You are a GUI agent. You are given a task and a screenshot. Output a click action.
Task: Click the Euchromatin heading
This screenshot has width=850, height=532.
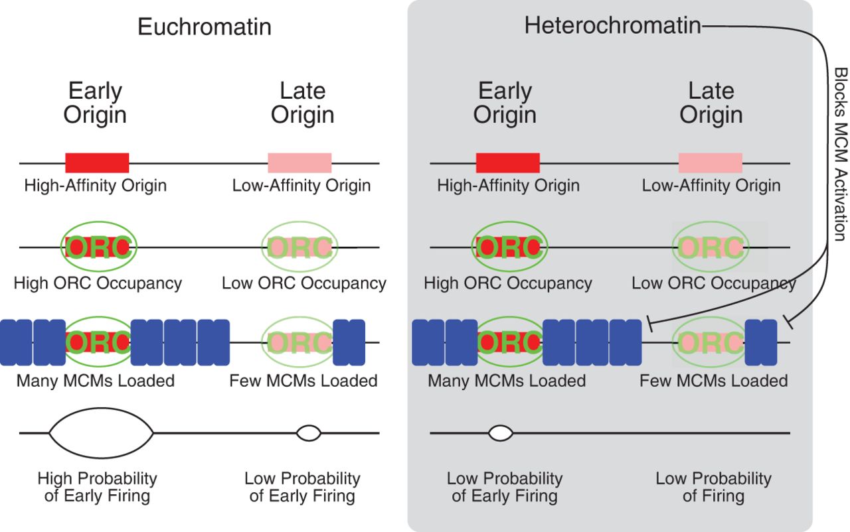click(x=204, y=27)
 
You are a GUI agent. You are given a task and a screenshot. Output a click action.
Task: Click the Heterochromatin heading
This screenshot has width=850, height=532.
click(x=612, y=26)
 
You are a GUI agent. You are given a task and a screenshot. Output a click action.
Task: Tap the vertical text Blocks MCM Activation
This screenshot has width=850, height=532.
click(x=839, y=154)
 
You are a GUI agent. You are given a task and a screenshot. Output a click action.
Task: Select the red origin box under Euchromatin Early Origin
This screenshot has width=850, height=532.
click(x=97, y=163)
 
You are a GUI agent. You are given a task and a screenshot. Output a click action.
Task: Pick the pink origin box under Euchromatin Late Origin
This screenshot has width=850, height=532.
click(x=299, y=163)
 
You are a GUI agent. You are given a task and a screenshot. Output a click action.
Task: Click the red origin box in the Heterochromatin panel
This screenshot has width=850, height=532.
click(x=508, y=163)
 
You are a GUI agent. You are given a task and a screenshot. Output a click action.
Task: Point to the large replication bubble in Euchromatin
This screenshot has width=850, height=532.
click(x=101, y=433)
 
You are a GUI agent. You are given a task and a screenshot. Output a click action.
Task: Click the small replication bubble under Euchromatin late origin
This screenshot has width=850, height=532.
click(x=308, y=433)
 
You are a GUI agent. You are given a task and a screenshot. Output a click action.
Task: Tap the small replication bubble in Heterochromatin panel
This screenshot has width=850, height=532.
click(x=501, y=433)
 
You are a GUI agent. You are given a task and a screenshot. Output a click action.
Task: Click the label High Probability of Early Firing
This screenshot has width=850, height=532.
click(x=97, y=487)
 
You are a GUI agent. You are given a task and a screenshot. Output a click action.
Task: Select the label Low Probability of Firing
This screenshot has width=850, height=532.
click(x=713, y=487)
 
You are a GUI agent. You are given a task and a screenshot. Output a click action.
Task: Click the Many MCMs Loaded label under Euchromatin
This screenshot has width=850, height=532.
click(x=96, y=381)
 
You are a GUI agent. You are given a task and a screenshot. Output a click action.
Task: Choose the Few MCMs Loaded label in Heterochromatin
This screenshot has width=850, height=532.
click(x=713, y=381)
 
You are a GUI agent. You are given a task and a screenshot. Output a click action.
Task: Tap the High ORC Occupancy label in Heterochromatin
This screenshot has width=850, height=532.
click(x=508, y=283)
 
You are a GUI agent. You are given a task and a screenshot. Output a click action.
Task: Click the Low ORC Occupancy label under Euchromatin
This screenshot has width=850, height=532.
click(x=304, y=283)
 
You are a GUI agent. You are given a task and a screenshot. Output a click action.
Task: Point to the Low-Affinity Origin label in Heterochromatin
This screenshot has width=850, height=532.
click(x=711, y=185)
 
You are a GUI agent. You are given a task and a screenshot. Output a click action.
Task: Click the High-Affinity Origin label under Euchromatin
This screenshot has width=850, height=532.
click(x=96, y=185)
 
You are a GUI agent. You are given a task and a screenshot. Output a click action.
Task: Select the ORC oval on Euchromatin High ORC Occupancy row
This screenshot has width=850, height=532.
click(x=100, y=247)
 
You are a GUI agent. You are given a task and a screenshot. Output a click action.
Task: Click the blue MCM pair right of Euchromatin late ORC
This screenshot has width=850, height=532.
click(x=349, y=342)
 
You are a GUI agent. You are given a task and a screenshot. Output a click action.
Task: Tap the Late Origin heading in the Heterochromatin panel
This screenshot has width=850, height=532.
click(x=711, y=103)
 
